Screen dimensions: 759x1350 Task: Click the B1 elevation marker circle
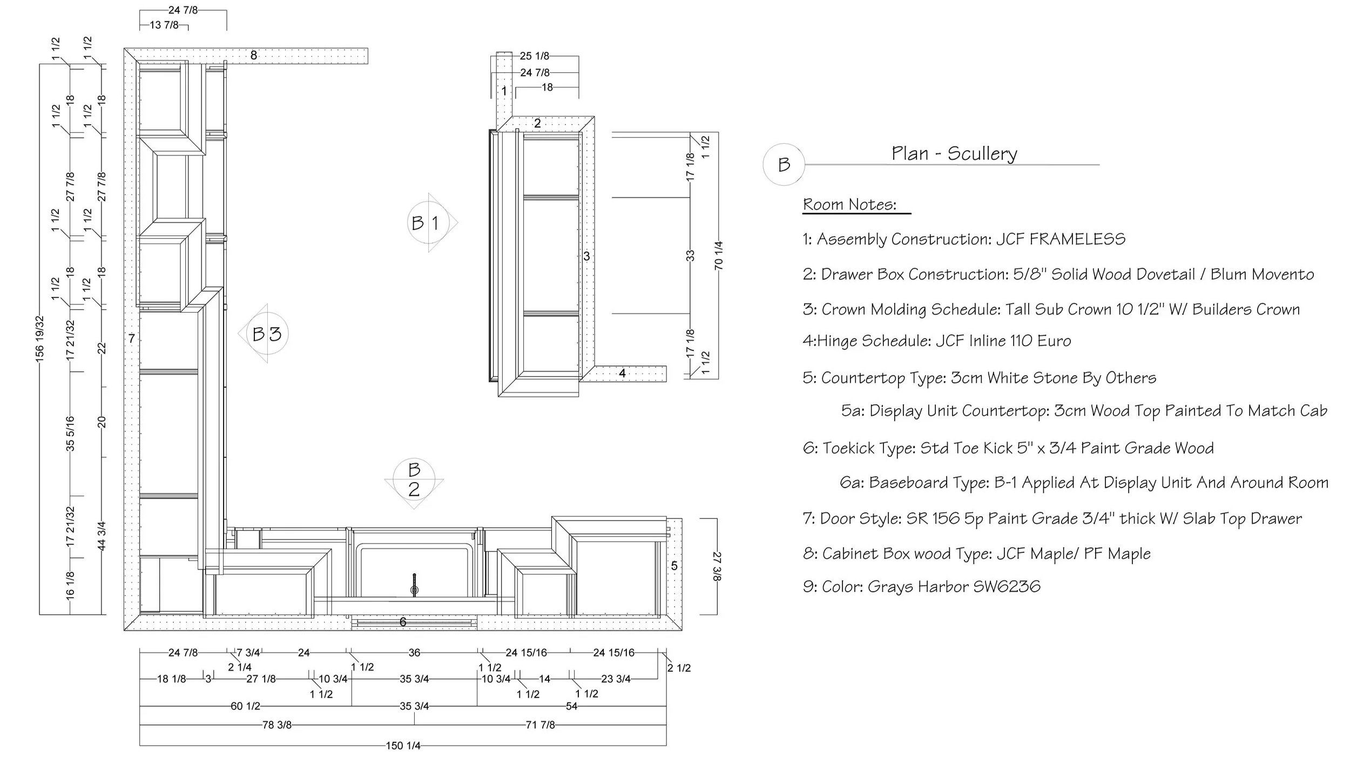[428, 222]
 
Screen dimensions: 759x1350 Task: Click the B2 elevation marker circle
[414, 479]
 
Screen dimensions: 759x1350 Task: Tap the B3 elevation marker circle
[267, 334]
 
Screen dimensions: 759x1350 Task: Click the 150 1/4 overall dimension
[403, 746]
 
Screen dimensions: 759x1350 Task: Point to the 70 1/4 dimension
[718, 255]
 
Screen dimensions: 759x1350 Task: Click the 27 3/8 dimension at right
[717, 566]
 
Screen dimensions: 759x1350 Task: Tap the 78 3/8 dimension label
[277, 725]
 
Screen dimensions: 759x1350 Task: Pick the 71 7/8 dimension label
[540, 725]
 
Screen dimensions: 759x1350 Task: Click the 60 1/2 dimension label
[246, 706]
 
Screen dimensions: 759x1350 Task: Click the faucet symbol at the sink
[414, 585]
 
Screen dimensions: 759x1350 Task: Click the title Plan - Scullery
[954, 153]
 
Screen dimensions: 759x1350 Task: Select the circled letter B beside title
[784, 164]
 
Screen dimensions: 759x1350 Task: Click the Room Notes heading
[849, 205]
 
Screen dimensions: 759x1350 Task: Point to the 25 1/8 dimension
[535, 56]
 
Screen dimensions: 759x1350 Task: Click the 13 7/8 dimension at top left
[164, 25]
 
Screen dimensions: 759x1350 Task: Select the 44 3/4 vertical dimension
[102, 536]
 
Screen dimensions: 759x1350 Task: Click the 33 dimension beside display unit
[690, 255]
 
